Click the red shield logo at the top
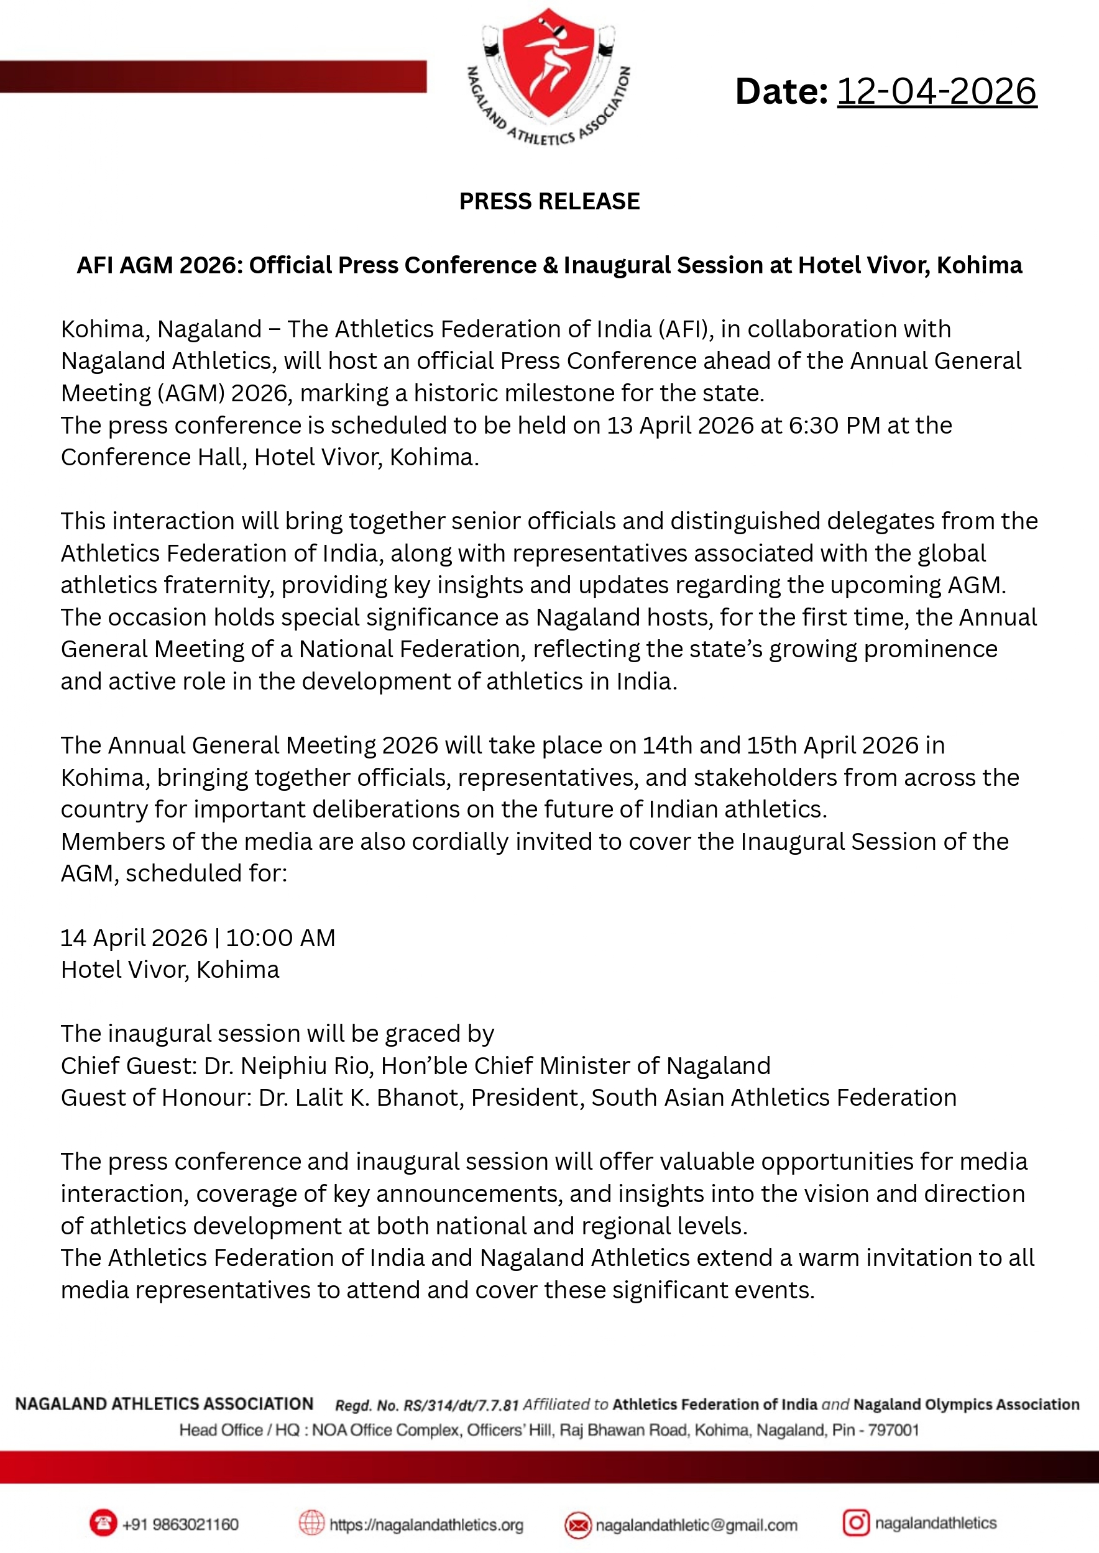pyautogui.click(x=548, y=64)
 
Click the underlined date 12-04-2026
pyautogui.click(x=937, y=91)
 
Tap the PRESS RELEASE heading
pyautogui.click(x=549, y=201)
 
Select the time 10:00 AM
pyautogui.click(x=280, y=938)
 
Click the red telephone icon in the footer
pyautogui.click(x=103, y=1524)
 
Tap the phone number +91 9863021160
pyautogui.click(x=180, y=1524)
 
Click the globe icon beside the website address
pyautogui.click(x=311, y=1524)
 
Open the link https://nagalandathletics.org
pyautogui.click(x=426, y=1525)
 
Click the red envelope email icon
pyautogui.click(x=577, y=1525)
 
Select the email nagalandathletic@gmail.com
pyautogui.click(x=696, y=1525)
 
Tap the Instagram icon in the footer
pyautogui.click(x=855, y=1523)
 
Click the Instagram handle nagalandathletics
pyautogui.click(x=936, y=1523)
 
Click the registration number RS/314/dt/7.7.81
pyautogui.click(x=461, y=1406)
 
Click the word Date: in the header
pyautogui.click(x=781, y=91)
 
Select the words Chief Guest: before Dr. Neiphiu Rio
pyautogui.click(x=129, y=1066)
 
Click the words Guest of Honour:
pyautogui.click(x=155, y=1098)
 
